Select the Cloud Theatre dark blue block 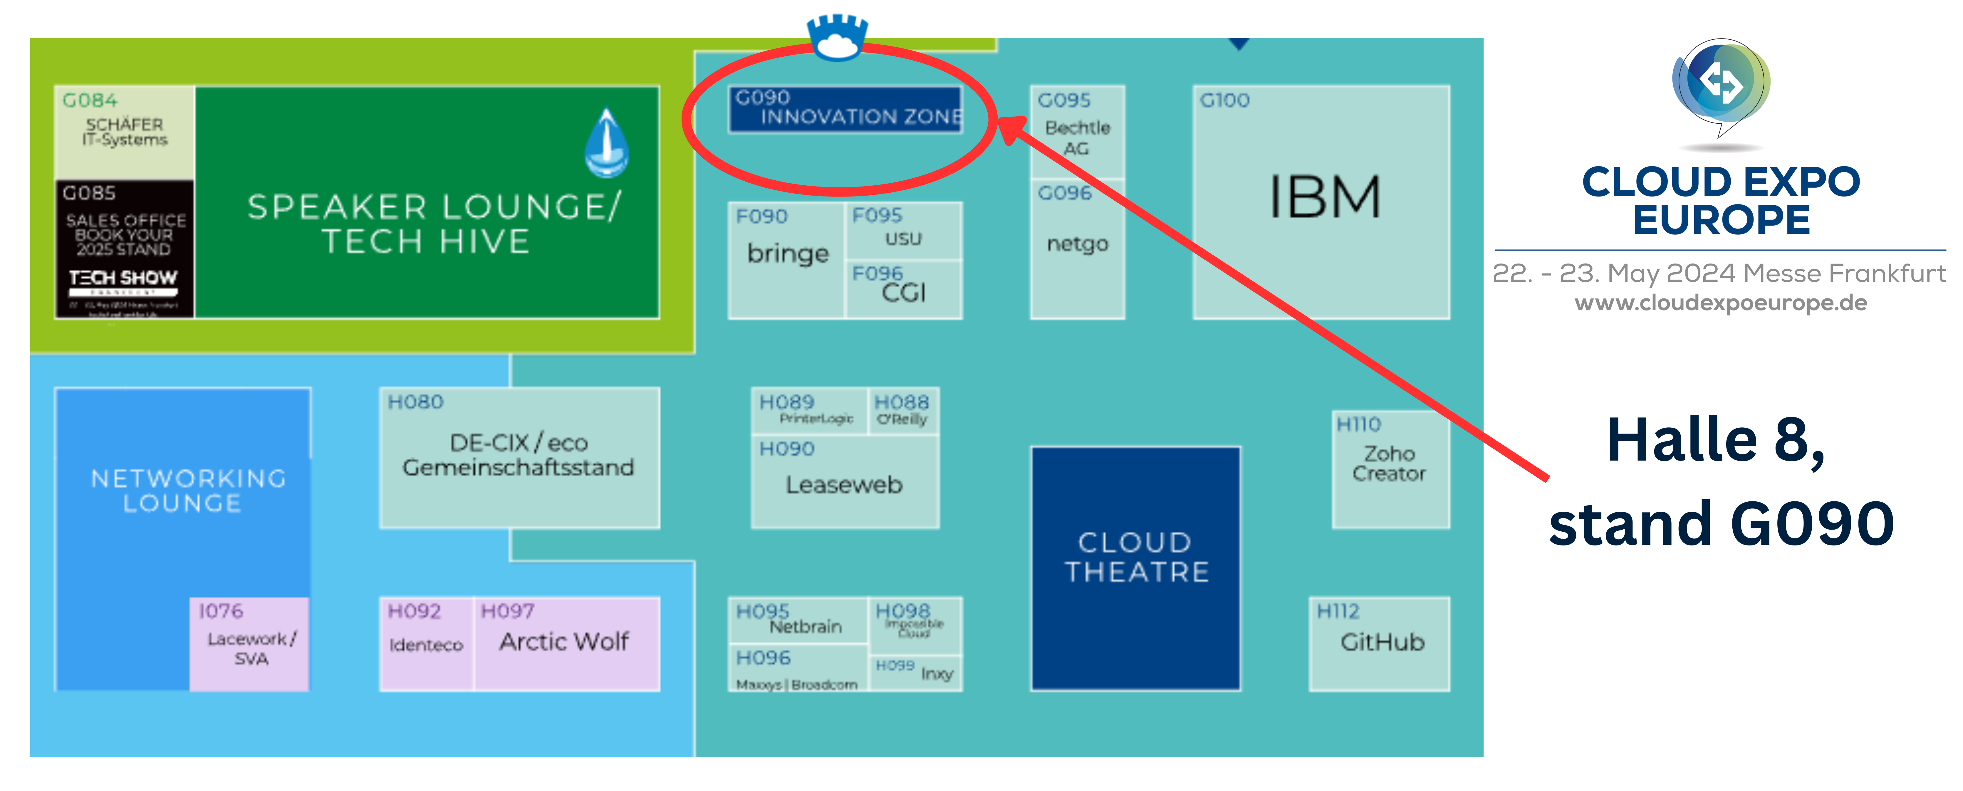point(1135,568)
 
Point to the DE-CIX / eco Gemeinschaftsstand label point(518,455)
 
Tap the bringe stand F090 point(787,254)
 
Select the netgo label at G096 point(1077,244)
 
